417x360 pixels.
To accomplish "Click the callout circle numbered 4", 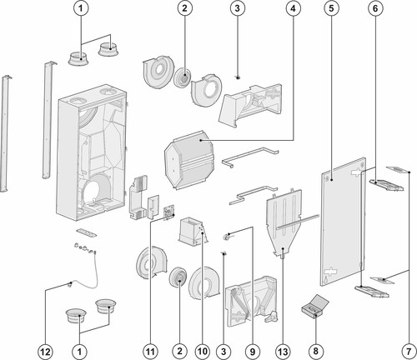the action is pos(293,8).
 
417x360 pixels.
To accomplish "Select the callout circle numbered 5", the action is pos(331,8).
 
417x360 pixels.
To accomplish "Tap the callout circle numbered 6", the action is pos(375,8).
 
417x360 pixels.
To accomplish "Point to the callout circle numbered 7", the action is pos(409,352).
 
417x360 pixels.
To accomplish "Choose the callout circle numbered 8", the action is pos(315,351).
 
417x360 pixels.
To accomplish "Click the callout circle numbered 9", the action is pos(253,352).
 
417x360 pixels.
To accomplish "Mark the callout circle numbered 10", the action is pos(203,352).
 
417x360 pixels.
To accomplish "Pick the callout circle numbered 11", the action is pos(150,352).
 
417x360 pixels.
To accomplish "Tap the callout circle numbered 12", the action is pos(45,352).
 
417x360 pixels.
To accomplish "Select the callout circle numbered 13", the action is pos(283,352).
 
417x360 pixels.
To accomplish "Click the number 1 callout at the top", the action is pos(81,8).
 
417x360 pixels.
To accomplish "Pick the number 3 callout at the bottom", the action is pos(224,352).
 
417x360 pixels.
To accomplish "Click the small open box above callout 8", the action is pos(315,306).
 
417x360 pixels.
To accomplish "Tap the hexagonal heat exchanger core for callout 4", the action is pos(189,160).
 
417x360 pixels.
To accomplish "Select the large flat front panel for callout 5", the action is pos(344,222).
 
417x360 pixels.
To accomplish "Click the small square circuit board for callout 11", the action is pos(169,212).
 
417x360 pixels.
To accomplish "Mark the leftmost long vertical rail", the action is pos(4,133).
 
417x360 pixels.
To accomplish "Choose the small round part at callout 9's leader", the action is pos(226,237).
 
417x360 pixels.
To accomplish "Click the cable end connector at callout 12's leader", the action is pos(71,284).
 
